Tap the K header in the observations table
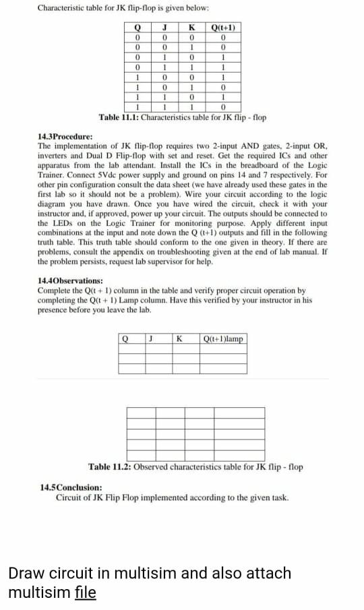coord(180,338)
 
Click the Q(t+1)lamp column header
coord(224,338)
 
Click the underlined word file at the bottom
coord(85,592)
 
